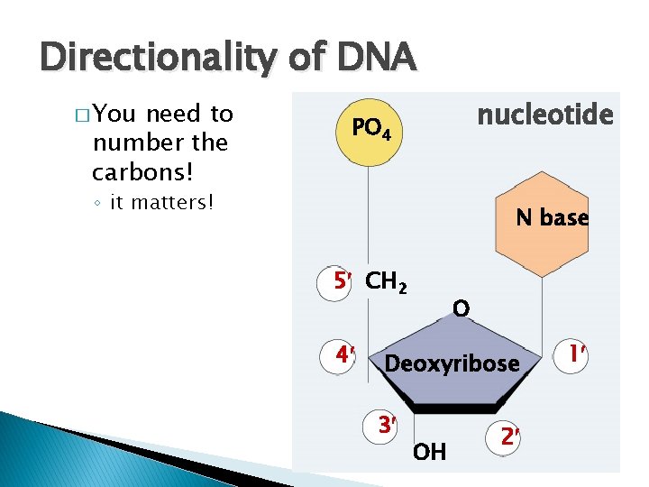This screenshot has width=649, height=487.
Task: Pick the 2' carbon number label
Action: coord(510,436)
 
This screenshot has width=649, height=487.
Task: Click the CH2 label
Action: coord(387,283)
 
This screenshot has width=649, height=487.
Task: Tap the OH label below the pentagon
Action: coord(429,452)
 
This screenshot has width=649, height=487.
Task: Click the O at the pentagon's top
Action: coord(461,309)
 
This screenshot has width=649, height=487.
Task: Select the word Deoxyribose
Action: coord(452,363)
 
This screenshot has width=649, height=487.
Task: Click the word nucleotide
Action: coord(544,115)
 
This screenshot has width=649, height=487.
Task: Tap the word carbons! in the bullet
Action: coord(133,171)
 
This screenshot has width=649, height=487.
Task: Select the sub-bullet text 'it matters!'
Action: coord(162,202)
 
